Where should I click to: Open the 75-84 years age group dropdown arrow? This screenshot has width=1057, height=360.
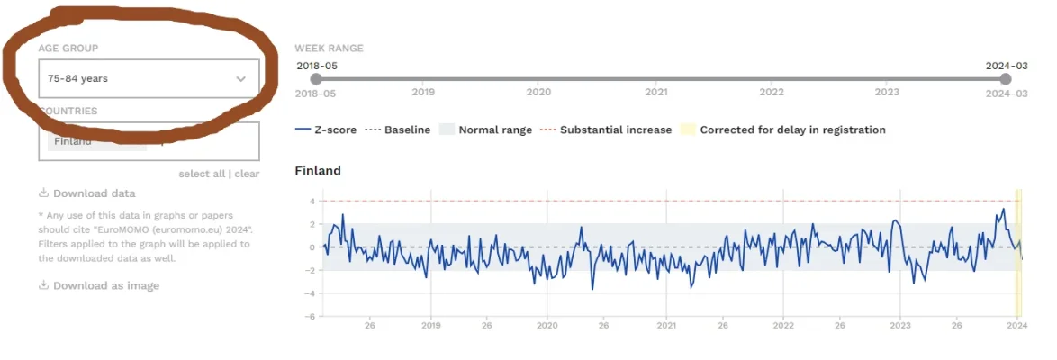pos(240,79)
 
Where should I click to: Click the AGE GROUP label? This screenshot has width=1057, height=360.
pos(68,48)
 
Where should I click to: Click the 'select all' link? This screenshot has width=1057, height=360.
pos(202,174)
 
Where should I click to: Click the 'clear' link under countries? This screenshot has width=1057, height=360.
pos(247,174)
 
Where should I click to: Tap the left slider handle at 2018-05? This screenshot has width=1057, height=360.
pos(315,79)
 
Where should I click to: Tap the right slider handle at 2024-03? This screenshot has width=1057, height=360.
pos(1006,79)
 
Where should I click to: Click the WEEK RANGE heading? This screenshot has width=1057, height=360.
pos(329,48)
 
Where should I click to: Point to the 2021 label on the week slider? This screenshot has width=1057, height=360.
pos(656,92)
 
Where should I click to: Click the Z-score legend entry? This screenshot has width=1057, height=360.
pos(326,130)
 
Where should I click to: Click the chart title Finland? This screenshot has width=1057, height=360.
pos(318,170)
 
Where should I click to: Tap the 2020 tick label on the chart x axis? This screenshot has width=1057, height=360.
pos(548,326)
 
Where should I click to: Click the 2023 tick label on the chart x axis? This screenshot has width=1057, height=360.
pos(900,326)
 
